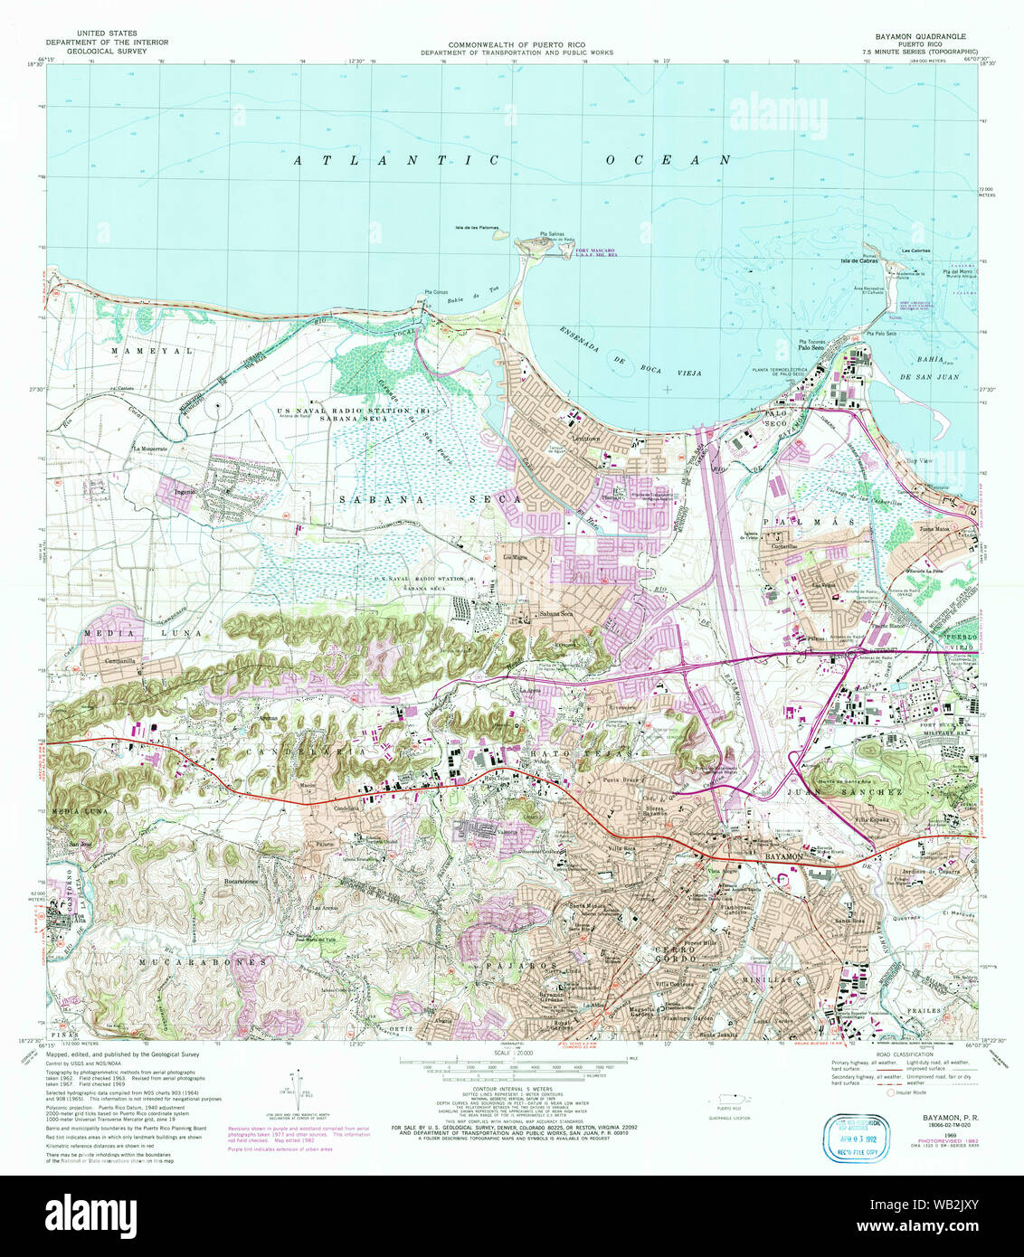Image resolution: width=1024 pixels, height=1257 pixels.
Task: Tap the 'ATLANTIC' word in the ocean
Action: click(x=396, y=160)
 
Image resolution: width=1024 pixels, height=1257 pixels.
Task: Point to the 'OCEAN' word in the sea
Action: click(x=668, y=160)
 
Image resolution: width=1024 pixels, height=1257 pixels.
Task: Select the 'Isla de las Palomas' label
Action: click(x=477, y=228)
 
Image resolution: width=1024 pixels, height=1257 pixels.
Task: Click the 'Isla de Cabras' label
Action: click(x=859, y=261)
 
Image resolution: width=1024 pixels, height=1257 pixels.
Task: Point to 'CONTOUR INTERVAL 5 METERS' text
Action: click(x=513, y=1089)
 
